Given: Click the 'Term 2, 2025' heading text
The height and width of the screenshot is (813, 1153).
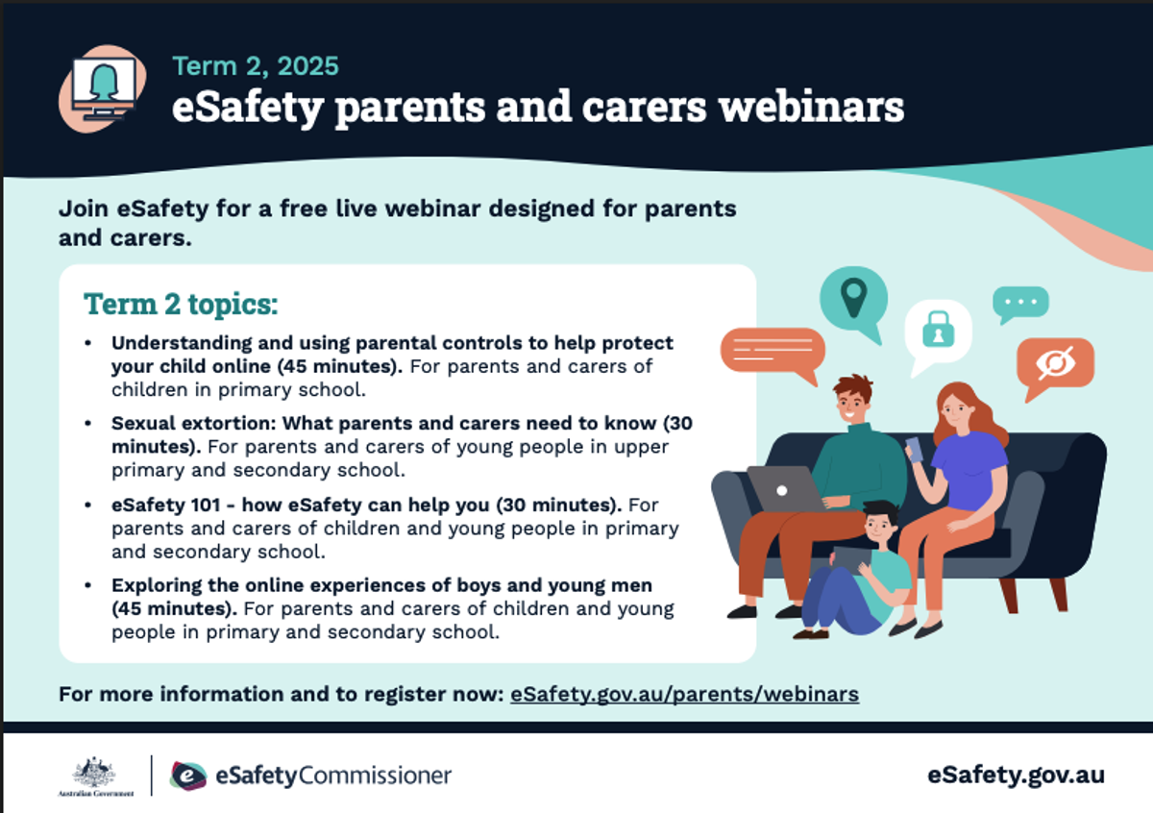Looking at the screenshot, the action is coord(256,66).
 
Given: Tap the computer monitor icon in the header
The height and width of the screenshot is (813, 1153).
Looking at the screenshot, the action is coord(105,88).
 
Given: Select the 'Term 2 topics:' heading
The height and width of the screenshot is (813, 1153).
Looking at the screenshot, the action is coord(181,304).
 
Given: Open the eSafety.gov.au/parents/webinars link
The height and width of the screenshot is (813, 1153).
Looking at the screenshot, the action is coord(684,694).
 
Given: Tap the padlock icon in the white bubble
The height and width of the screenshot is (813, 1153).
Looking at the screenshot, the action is coord(939,329).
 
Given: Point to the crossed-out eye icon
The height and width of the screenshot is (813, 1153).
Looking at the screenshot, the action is coord(1055,363).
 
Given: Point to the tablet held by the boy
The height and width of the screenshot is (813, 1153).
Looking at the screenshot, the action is coord(852,559).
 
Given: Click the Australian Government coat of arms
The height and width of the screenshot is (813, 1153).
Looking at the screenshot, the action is coord(95,773).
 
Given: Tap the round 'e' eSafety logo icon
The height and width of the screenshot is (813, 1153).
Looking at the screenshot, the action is coord(188,776).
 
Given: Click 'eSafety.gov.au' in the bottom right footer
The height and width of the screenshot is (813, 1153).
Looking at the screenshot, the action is coord(1016,775).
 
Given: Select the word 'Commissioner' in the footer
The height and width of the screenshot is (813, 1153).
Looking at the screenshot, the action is coord(375,776).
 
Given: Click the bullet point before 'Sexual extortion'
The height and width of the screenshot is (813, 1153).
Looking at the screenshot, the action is coord(88,423).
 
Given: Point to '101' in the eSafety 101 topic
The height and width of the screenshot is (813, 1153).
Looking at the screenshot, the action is coord(206,505).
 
